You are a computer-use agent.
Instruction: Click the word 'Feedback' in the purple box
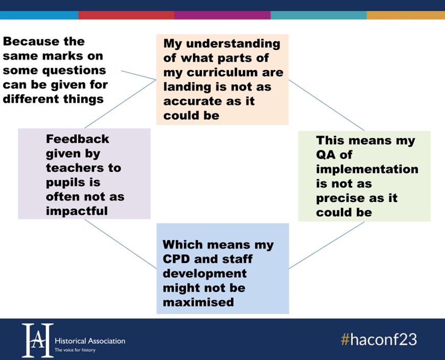click(x=77, y=139)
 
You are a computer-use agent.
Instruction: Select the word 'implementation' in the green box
click(x=367, y=169)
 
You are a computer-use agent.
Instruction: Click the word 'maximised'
click(x=198, y=302)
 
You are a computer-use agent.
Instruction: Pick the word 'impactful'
click(x=77, y=211)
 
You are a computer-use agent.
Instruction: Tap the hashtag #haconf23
click(x=379, y=340)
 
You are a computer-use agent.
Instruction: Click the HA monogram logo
click(x=38, y=340)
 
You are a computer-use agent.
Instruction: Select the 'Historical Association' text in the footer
click(x=90, y=341)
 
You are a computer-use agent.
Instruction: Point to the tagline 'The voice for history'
click(x=75, y=350)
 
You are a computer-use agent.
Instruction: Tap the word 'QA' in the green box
click(x=326, y=155)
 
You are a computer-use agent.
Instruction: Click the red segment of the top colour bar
click(x=126, y=15)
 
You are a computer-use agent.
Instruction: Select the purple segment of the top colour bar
click(x=222, y=15)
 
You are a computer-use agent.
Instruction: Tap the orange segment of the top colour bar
click(x=406, y=15)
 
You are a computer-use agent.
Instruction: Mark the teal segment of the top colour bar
click(x=319, y=15)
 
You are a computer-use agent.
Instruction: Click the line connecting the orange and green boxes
click(x=327, y=105)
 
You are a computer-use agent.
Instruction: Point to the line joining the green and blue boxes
click(x=327, y=245)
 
